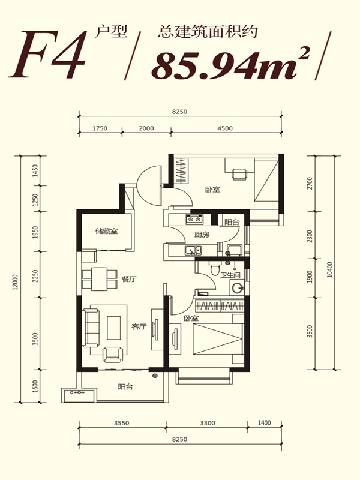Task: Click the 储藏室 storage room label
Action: pos(107,231)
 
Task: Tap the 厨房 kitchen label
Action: pos(202,235)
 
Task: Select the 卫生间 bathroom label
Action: pos(230,275)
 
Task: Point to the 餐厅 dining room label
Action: pos(129,279)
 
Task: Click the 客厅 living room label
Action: pos(139,326)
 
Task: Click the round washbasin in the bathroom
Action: pos(237,288)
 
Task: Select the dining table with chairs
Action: pos(100,279)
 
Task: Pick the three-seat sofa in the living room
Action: pos(92,328)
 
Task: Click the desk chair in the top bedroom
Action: pos(239,174)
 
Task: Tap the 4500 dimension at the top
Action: pos(225,128)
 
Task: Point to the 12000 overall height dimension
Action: pos(16,282)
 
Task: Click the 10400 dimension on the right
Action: pos(329,269)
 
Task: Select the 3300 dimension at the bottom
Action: pos(208,423)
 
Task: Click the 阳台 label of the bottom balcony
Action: pos(125,386)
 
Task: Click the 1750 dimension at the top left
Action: pos(100,128)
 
